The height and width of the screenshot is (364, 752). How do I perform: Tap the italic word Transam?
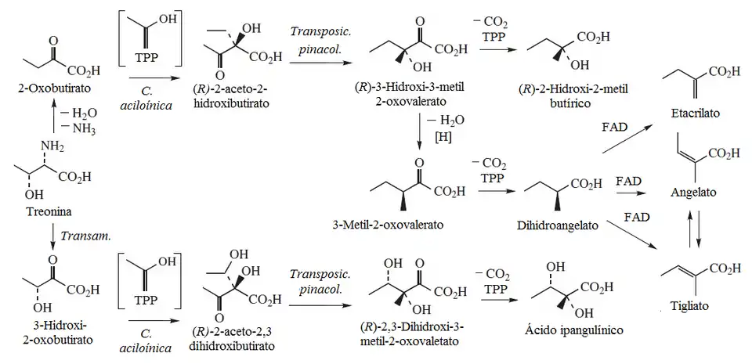pos(85,232)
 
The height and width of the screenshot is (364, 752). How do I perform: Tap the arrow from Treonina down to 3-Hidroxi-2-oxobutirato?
pos(54,232)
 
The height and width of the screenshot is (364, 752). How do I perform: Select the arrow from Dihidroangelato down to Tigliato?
pos(627,234)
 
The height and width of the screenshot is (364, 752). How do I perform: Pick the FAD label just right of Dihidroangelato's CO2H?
pos(630,181)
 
